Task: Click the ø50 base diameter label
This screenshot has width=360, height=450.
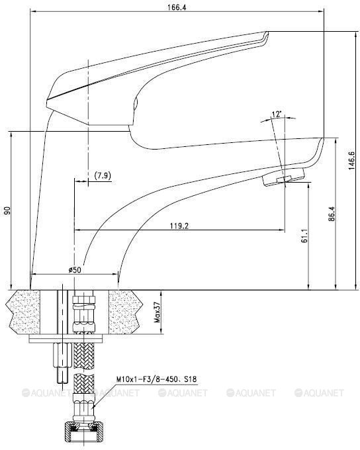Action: pyautogui.click(x=74, y=269)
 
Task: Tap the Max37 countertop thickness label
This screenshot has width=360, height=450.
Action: pyautogui.click(x=157, y=310)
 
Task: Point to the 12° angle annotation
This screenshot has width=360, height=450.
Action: pyautogui.click(x=277, y=115)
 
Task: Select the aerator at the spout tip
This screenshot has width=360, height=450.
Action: pyautogui.click(x=283, y=177)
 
